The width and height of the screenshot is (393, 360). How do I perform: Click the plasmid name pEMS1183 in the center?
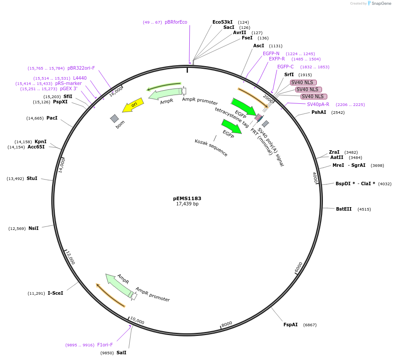tap(187, 198)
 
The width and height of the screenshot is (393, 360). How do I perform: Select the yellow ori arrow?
tap(133, 105)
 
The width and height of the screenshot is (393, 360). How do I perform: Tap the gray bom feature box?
tap(114, 118)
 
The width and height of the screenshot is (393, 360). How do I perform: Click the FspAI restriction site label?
tap(290, 325)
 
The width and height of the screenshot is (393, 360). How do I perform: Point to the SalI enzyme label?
tap(121, 353)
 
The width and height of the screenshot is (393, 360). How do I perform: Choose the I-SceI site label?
tap(55, 293)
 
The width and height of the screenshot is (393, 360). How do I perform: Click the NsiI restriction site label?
tap(33, 228)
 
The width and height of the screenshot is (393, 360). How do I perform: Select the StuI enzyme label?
tap(32, 178)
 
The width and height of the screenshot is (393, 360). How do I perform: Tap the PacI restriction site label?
tap(52, 118)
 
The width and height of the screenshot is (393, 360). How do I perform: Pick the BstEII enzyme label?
tap(343, 209)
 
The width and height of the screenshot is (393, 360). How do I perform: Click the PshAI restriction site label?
tap(319, 112)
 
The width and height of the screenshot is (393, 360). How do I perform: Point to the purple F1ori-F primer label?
tap(105, 345)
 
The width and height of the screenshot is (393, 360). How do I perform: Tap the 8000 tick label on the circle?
tap(227, 324)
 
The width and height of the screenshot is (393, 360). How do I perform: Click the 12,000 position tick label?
tap(70, 258)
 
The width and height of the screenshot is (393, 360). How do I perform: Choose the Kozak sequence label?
tap(211, 148)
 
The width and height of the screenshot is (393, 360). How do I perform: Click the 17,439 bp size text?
tap(187, 204)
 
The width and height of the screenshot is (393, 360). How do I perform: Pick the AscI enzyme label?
tap(258, 46)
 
